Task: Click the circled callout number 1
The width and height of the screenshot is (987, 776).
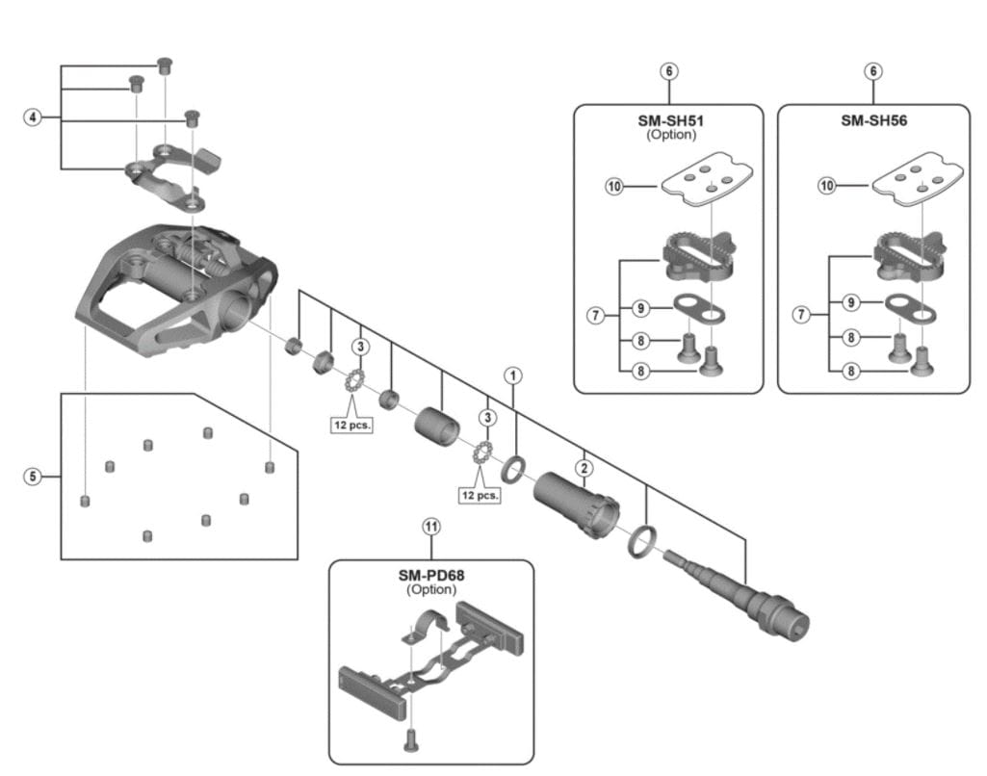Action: tap(514, 375)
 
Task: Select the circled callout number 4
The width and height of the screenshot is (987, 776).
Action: tap(34, 117)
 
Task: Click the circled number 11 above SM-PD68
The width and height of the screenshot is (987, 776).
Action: tap(430, 526)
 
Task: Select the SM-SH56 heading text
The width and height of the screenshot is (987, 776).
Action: tap(873, 121)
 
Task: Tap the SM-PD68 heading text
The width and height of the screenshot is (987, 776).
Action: tap(430, 576)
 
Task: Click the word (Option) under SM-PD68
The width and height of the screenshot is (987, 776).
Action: tap(430, 589)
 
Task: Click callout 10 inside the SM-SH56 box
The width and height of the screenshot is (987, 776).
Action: tap(826, 185)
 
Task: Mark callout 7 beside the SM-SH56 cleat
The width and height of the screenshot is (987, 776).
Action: tap(798, 315)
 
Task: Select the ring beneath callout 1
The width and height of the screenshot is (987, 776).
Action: tap(513, 470)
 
